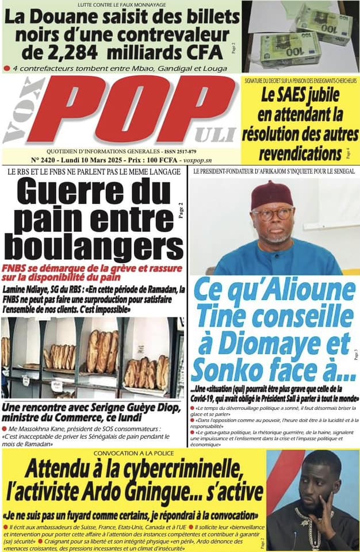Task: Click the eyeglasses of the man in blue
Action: click(272, 214)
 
